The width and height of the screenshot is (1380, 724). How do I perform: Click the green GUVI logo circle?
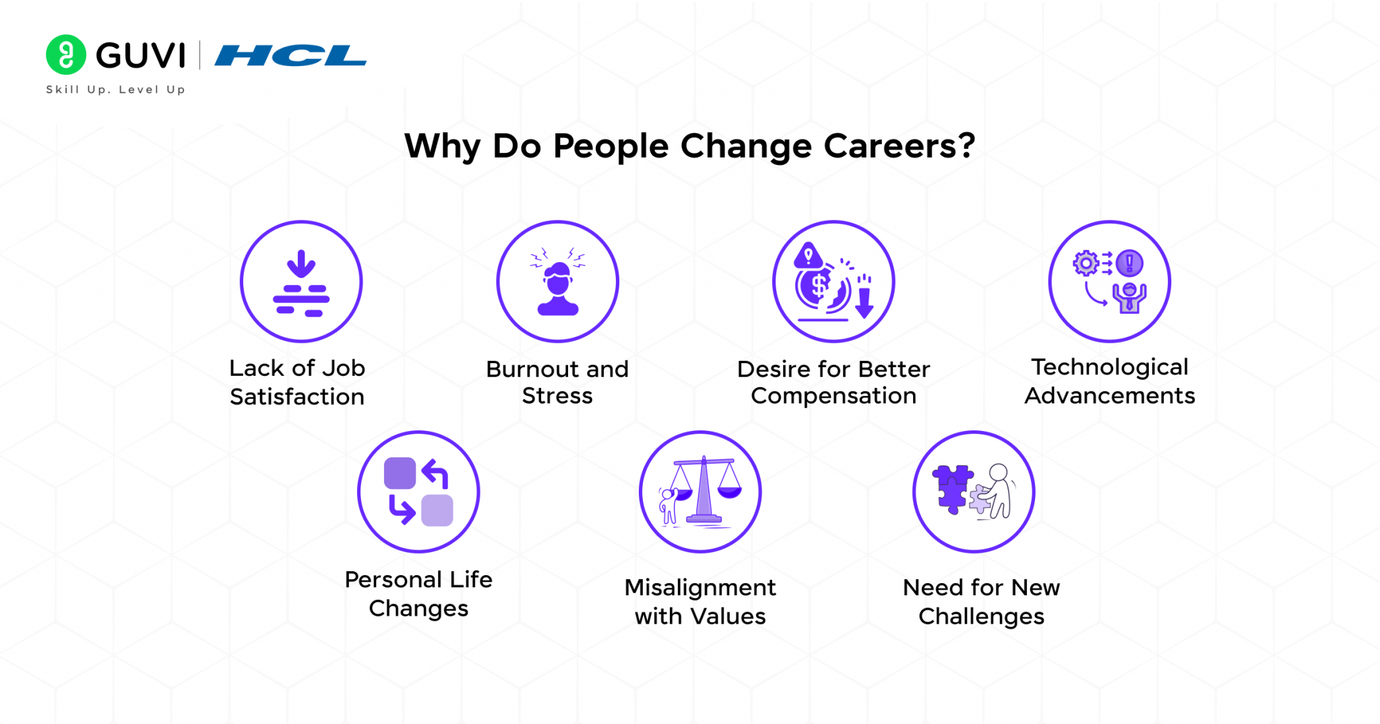pos(65,55)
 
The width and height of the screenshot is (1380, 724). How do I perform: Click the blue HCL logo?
pos(290,56)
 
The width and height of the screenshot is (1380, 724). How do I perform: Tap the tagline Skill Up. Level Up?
pos(115,90)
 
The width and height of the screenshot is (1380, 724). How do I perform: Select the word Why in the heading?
pos(441,146)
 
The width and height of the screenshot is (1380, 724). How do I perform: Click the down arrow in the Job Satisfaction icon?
pos(301,263)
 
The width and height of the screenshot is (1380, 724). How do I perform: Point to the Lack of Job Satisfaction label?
pos(297,383)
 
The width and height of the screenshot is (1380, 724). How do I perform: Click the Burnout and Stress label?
pos(557,383)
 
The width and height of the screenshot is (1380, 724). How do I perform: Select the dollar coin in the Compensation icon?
pos(819,286)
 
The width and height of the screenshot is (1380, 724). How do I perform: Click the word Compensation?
pos(834,396)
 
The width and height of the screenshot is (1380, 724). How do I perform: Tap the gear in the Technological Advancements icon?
pos(1086,263)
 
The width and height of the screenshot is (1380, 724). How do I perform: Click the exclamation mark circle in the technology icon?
pos(1129,263)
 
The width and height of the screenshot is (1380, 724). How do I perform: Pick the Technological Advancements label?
pos(1110,381)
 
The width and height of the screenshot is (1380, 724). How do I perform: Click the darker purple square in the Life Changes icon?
pos(400,473)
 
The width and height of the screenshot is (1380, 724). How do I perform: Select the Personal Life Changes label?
pos(418,594)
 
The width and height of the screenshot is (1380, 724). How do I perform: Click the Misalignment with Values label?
pos(700,602)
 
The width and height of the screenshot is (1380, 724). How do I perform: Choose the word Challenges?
pos(981,617)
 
